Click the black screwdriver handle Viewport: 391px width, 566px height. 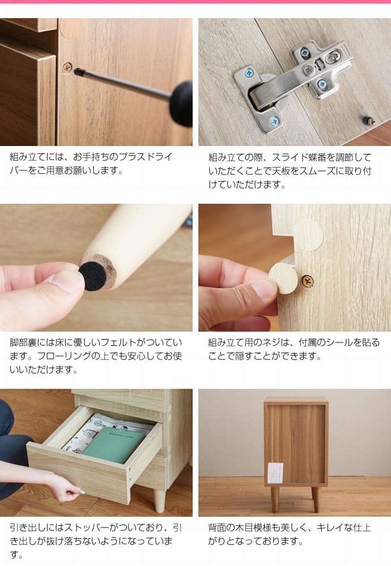[182, 103]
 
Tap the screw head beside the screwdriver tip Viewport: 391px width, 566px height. [67, 67]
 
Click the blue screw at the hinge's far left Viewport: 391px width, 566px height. [249, 73]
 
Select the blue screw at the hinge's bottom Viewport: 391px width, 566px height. [275, 121]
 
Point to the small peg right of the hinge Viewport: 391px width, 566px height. [368, 120]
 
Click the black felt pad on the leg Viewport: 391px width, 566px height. [92, 276]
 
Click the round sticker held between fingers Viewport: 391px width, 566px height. [283, 278]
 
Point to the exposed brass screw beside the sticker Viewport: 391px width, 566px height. [307, 280]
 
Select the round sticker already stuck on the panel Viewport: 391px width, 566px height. [308, 235]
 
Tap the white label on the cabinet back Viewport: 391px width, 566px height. [275, 473]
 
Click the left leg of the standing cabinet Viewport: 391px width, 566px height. [275, 498]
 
